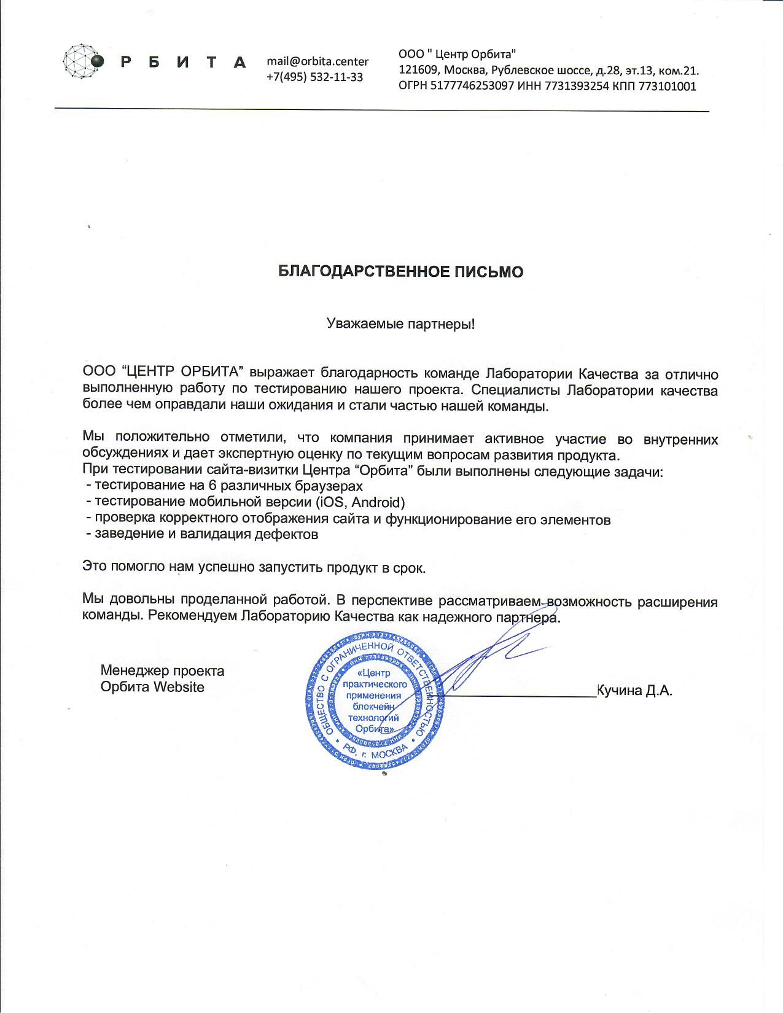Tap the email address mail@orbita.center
(x=317, y=61)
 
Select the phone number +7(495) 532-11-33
(x=314, y=77)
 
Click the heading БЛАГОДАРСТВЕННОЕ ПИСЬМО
(x=401, y=272)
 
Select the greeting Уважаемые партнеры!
(x=400, y=324)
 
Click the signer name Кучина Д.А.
(x=635, y=691)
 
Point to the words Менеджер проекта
(x=162, y=670)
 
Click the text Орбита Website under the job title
(x=152, y=686)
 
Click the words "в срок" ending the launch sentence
(x=403, y=568)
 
